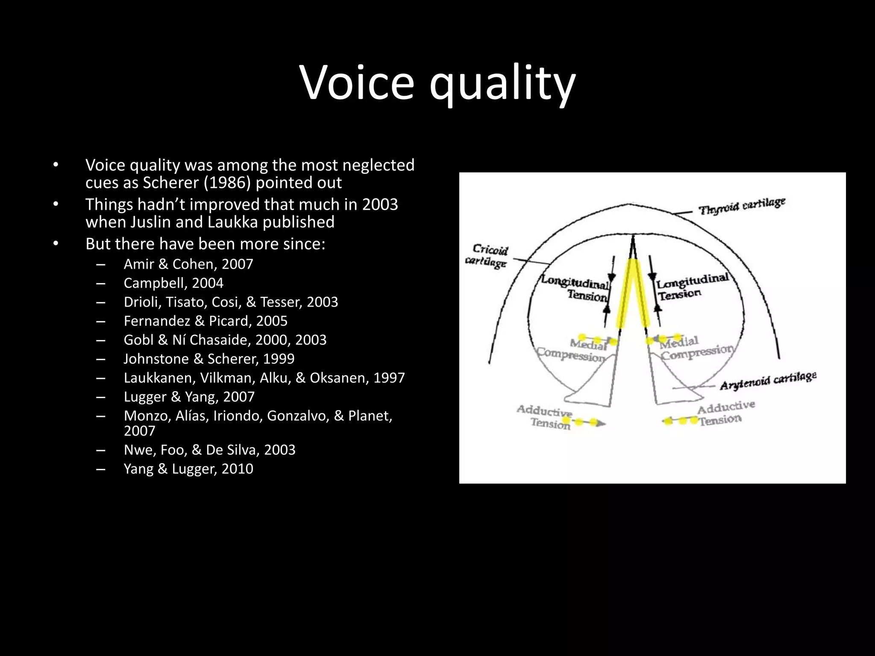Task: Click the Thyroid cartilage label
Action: click(x=742, y=206)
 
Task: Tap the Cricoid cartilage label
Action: click(x=487, y=255)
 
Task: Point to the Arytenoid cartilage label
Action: click(x=768, y=381)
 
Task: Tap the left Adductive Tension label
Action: click(x=545, y=416)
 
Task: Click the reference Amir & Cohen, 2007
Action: click(x=188, y=264)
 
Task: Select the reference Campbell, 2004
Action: click(x=173, y=283)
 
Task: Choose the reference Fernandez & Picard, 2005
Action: click(x=206, y=321)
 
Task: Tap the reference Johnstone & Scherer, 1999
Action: click(x=209, y=359)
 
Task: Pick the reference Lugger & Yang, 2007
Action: click(x=189, y=397)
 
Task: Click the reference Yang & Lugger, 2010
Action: click(x=188, y=469)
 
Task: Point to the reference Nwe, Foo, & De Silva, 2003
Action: click(x=209, y=450)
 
